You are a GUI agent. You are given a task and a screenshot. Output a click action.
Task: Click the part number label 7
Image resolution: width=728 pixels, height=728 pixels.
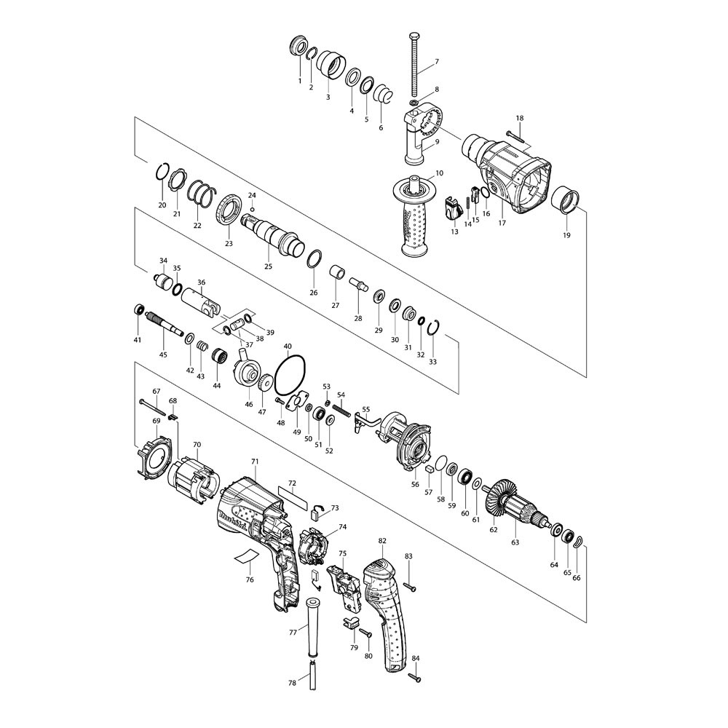point(436,61)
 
